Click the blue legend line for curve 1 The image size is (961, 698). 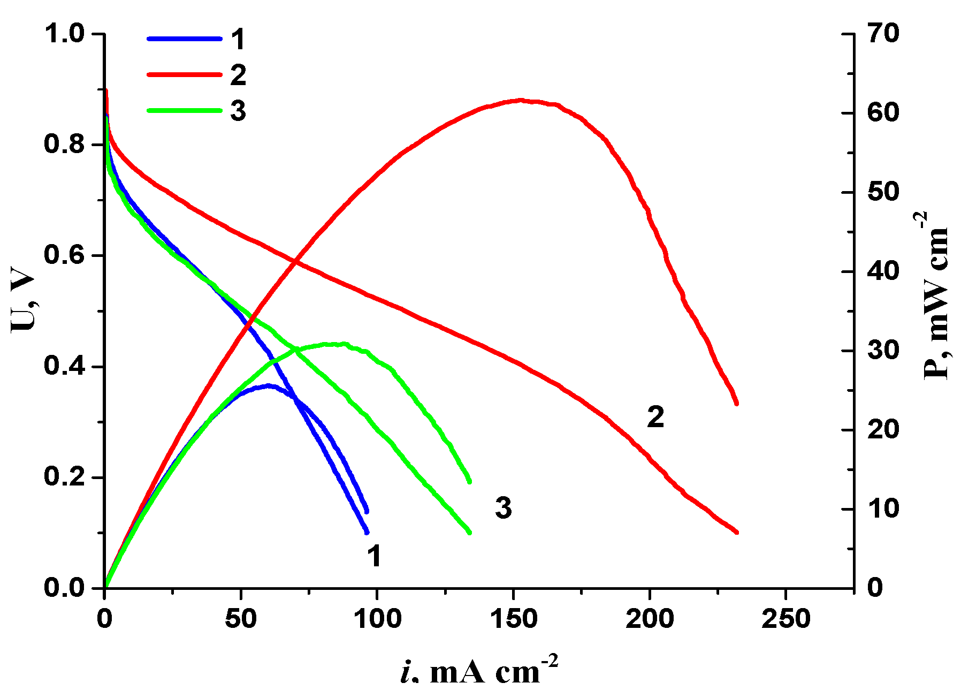coord(184,39)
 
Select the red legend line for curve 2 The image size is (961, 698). coord(184,74)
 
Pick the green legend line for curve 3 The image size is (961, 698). coord(184,110)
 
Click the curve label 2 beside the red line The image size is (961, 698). coord(655,417)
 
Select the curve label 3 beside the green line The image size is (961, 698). coord(503,507)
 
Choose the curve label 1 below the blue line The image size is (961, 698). coord(374,556)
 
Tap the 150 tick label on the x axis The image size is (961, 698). coord(514,619)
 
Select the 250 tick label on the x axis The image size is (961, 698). coord(785,619)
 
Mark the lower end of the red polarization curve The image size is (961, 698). coord(736,532)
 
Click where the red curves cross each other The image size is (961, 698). coord(296,261)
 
